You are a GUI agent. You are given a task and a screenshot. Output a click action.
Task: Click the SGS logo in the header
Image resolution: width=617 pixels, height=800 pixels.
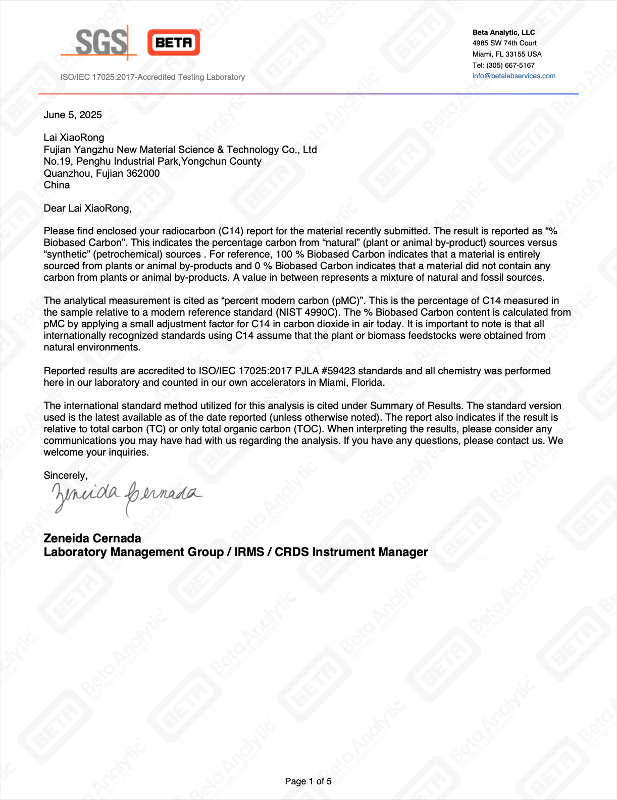(101, 42)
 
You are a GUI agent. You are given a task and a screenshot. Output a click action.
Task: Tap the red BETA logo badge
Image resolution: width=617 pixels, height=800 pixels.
(174, 42)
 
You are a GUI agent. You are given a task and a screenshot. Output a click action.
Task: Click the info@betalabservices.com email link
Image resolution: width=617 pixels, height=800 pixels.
(513, 76)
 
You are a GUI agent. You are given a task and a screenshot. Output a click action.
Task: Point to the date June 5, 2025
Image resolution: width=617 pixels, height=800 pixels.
(73, 115)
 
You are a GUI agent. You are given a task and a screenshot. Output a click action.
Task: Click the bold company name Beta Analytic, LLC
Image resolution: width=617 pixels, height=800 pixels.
(503, 32)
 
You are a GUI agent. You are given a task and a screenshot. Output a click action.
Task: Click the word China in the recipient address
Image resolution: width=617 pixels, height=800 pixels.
(57, 185)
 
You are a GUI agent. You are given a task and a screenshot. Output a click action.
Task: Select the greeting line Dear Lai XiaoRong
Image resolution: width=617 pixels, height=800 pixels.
(87, 208)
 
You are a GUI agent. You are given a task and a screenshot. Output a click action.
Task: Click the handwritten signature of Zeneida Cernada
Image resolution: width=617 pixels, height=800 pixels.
(126, 495)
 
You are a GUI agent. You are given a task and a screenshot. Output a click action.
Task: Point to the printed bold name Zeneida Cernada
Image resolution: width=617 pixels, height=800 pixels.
(92, 538)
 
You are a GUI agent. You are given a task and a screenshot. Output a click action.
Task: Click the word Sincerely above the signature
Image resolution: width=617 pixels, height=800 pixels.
(65, 475)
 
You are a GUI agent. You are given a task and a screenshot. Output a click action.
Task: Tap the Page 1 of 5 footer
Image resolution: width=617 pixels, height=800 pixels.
(308, 781)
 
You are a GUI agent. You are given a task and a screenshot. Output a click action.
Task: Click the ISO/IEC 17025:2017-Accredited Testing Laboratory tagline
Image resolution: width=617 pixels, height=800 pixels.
(152, 77)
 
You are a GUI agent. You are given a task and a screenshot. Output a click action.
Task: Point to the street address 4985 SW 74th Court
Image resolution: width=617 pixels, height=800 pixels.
(504, 43)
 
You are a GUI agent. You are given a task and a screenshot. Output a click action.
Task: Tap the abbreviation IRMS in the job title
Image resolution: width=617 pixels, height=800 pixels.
(249, 552)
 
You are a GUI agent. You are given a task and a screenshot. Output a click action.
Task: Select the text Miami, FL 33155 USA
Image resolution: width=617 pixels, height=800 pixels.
(507, 54)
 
